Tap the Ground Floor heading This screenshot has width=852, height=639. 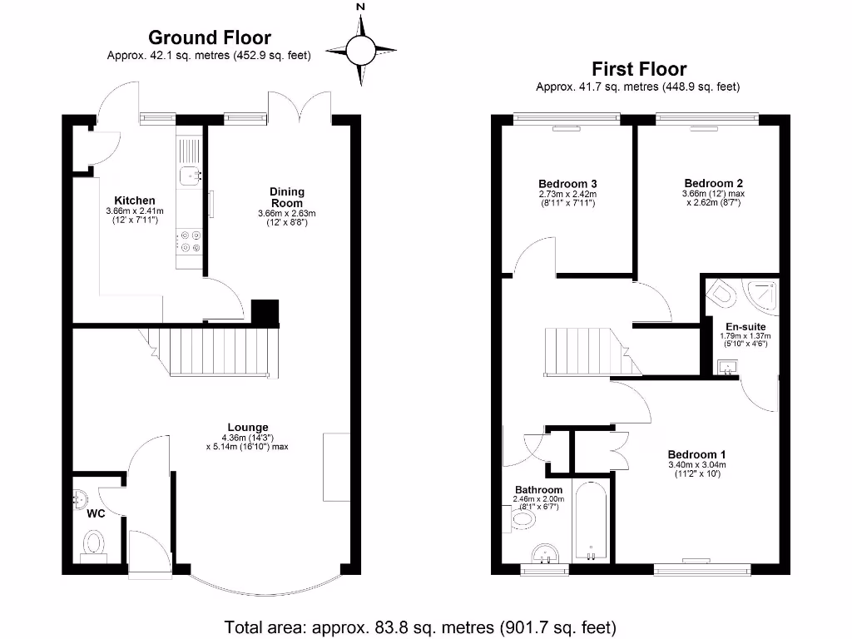(x=209, y=37)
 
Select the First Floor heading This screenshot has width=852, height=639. (x=638, y=68)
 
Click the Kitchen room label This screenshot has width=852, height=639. (x=135, y=201)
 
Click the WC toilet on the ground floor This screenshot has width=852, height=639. (x=94, y=543)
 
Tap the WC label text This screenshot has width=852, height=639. (x=96, y=513)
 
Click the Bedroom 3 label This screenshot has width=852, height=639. (x=568, y=184)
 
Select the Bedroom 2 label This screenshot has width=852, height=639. (x=713, y=183)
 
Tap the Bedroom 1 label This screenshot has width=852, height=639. (x=697, y=454)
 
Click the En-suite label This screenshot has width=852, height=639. (x=744, y=326)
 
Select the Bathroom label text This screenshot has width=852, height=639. (x=538, y=490)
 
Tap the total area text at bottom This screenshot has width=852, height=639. (x=420, y=626)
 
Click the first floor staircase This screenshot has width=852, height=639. (x=587, y=349)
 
